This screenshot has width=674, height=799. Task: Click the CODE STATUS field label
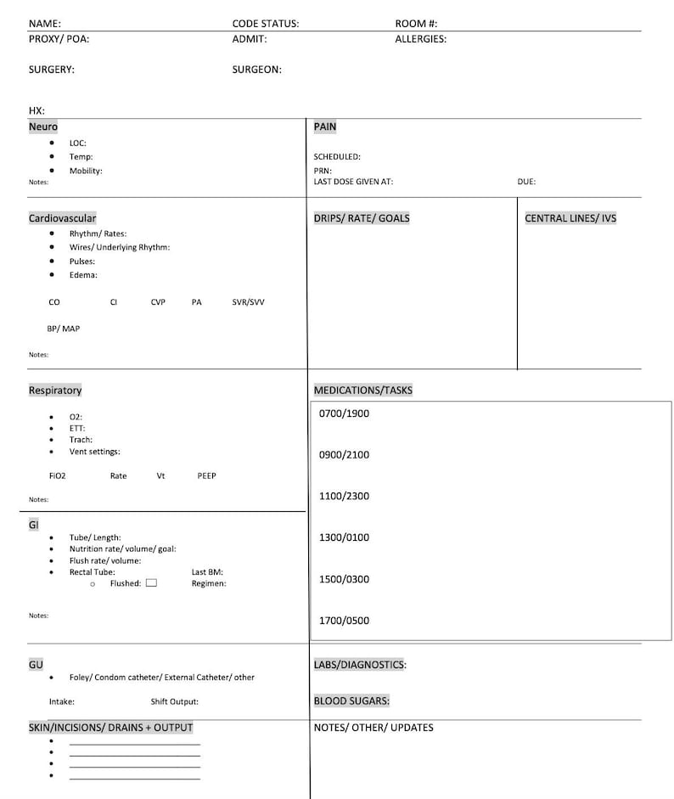point(265,24)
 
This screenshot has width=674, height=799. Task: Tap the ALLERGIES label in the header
point(420,39)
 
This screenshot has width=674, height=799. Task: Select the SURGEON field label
point(256,70)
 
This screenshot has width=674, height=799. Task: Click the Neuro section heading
point(43,127)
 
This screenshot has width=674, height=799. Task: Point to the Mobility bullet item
point(86,171)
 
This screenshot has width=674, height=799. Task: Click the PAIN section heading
point(325,127)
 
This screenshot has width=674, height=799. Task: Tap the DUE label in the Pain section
point(526,182)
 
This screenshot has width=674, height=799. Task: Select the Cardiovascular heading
point(62,218)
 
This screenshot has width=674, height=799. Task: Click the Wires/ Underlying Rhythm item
point(120,247)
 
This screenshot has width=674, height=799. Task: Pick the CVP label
point(158,302)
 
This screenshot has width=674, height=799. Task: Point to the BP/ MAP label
point(64,329)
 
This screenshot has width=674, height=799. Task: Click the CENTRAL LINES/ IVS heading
point(570,218)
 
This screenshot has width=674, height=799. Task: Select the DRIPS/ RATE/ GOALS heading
point(362,218)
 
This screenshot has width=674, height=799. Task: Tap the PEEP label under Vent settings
point(206,476)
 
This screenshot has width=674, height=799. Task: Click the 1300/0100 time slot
point(344,537)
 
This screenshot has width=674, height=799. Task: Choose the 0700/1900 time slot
point(344,414)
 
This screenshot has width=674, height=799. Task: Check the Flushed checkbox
point(151,583)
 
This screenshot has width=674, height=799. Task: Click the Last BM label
point(207,572)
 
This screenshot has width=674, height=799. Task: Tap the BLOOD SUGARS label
point(351,701)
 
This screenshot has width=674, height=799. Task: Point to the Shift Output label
point(175,702)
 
